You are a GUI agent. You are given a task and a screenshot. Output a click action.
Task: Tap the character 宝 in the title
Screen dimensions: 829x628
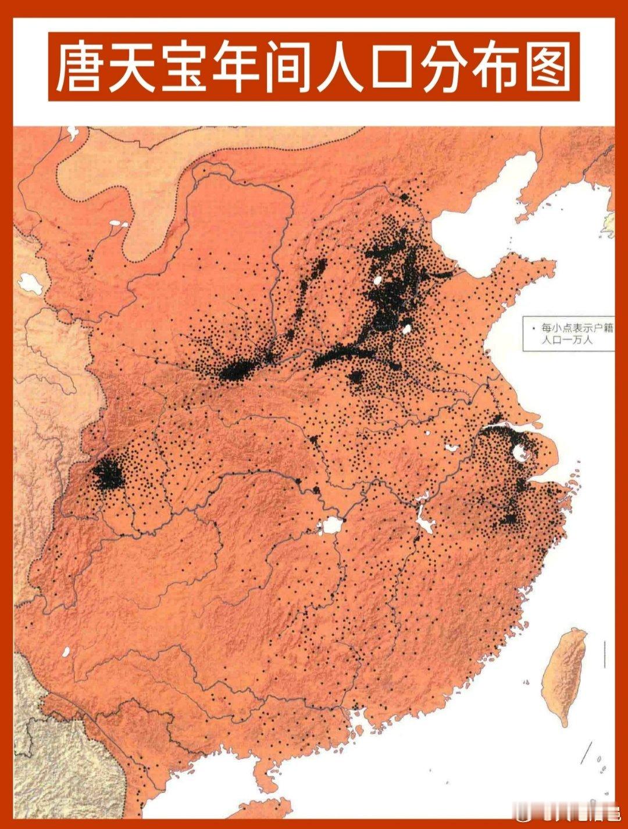tap(184, 67)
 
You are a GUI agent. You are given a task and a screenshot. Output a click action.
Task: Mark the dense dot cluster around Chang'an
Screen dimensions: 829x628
tap(235, 370)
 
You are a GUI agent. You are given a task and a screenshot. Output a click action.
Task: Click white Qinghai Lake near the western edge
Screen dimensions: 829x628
tap(27, 282)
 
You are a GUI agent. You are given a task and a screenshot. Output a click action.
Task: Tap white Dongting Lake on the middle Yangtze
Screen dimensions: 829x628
tap(332, 526)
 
